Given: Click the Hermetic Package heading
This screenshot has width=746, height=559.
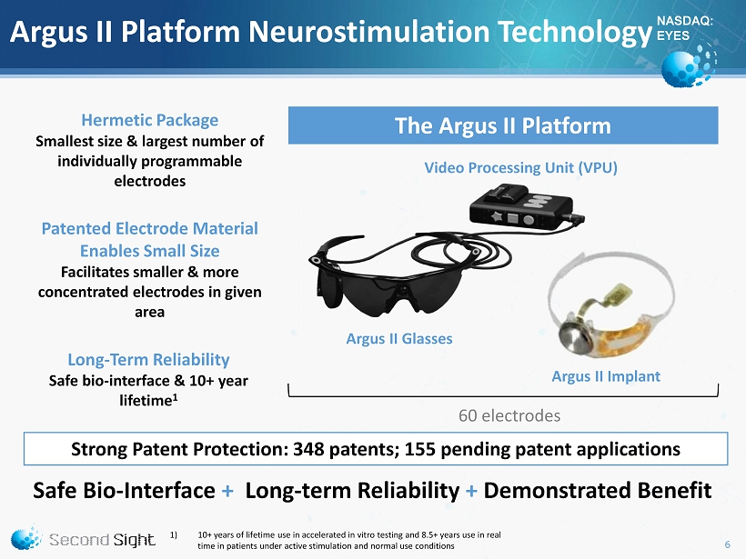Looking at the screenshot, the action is click(x=150, y=120).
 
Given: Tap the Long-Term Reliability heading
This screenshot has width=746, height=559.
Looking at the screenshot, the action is click(x=148, y=360).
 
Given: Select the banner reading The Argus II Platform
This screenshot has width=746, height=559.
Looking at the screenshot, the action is click(x=503, y=125).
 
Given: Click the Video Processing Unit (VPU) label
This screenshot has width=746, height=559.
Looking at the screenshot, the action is click(x=520, y=168).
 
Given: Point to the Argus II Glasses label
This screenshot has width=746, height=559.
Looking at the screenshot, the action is click(x=399, y=339).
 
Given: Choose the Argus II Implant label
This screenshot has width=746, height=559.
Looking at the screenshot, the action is click(x=606, y=376).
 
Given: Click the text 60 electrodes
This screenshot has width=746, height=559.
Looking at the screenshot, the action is click(x=509, y=416).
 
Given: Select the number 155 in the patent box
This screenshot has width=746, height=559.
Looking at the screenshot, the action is click(x=419, y=449).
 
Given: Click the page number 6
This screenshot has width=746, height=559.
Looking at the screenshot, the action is click(x=727, y=544).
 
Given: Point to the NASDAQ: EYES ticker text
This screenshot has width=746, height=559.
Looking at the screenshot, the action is click(x=685, y=28).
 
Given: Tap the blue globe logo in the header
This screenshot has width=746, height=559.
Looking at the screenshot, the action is click(x=689, y=65).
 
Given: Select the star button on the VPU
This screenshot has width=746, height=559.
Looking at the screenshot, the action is click(x=497, y=217).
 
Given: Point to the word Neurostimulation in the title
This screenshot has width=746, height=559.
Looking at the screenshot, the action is click(x=369, y=32).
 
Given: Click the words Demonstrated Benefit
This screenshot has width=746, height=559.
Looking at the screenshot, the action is click(x=598, y=491).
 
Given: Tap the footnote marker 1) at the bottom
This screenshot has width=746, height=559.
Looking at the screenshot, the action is click(x=174, y=534).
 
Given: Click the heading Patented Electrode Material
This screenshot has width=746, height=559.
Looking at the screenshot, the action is click(x=150, y=229).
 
